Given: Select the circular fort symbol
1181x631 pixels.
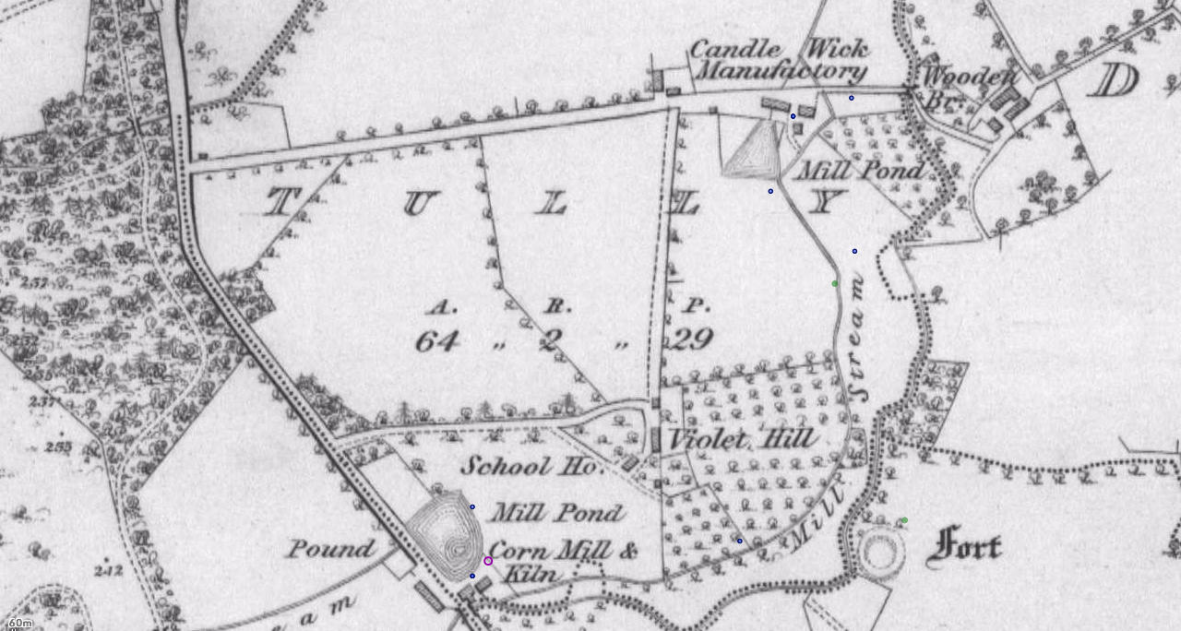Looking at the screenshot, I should [882, 552].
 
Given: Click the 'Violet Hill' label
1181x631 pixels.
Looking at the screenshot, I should [742, 439].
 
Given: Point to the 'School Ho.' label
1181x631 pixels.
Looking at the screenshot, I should [531, 466].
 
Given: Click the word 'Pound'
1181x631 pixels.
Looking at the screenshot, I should [330, 550].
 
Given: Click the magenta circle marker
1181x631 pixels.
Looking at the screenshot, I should [488, 561].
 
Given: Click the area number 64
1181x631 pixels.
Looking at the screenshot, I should [436, 341].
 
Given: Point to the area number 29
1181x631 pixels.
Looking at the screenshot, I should [691, 340].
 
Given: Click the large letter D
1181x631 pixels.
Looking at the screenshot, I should [1113, 81].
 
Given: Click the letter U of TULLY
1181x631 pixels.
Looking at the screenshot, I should [417, 203].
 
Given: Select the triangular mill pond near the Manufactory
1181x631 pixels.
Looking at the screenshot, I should [755, 149].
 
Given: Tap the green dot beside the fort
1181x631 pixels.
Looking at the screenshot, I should [904, 520].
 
